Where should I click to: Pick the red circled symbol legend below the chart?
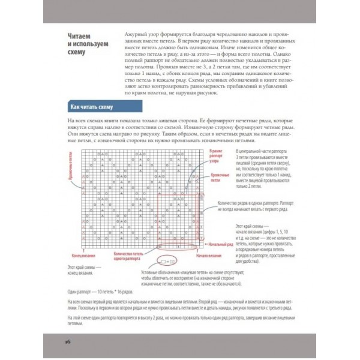point(165,262)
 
